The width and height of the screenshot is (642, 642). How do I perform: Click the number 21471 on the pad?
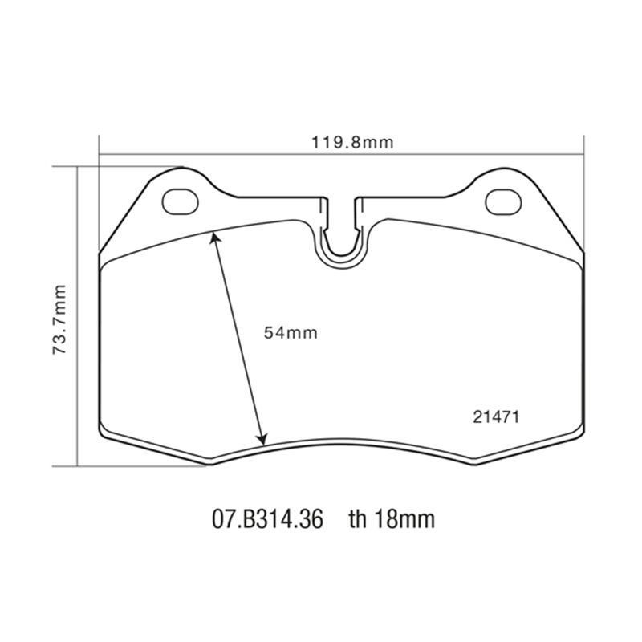pyautogui.click(x=496, y=416)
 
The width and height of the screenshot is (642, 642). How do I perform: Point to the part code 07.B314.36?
pyautogui.click(x=266, y=519)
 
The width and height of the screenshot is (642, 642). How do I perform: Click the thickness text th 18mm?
pyautogui.click(x=391, y=519)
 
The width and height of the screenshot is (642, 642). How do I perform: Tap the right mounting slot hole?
pyautogui.click(x=502, y=201)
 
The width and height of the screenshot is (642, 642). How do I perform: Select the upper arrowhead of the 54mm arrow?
pyautogui.click(x=213, y=234)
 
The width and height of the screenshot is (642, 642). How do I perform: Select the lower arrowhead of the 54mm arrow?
pyautogui.click(x=262, y=440)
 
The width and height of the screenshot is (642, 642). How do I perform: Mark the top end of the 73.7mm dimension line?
pyautogui.click(x=78, y=167)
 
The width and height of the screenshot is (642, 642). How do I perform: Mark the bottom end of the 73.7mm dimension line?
pyautogui.click(x=78, y=465)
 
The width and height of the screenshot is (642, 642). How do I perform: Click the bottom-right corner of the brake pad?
pyautogui.click(x=581, y=431)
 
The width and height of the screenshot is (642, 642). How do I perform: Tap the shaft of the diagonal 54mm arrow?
pyautogui.click(x=238, y=337)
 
